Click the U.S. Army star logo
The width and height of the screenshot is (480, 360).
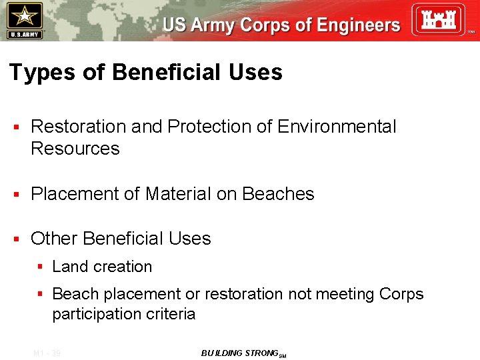[x=24, y=20]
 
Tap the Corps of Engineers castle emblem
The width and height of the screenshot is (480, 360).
[x=437, y=19]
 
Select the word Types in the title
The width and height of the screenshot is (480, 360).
[x=42, y=73]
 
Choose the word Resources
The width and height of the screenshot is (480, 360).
[x=75, y=149]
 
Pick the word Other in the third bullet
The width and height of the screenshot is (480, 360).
[x=55, y=239]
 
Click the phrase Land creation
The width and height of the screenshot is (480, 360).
[x=102, y=267]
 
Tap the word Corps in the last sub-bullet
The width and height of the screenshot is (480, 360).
[x=401, y=294]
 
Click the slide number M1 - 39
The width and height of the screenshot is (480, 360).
[x=47, y=353]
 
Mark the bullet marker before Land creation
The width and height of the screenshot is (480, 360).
[x=40, y=267]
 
